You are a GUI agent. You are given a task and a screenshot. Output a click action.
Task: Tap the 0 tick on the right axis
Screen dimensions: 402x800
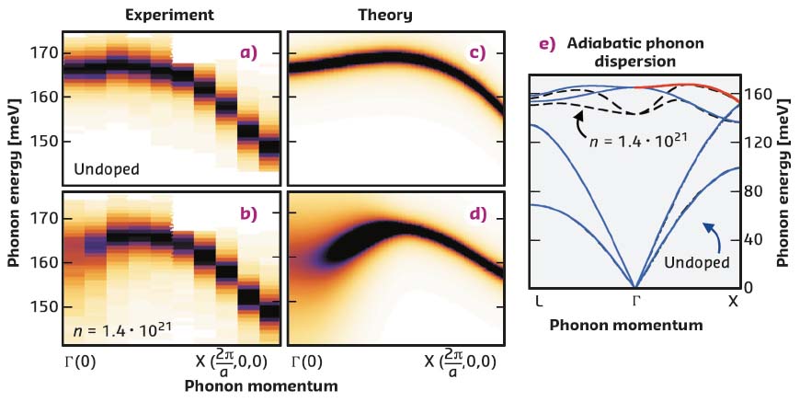(x=749, y=286)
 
